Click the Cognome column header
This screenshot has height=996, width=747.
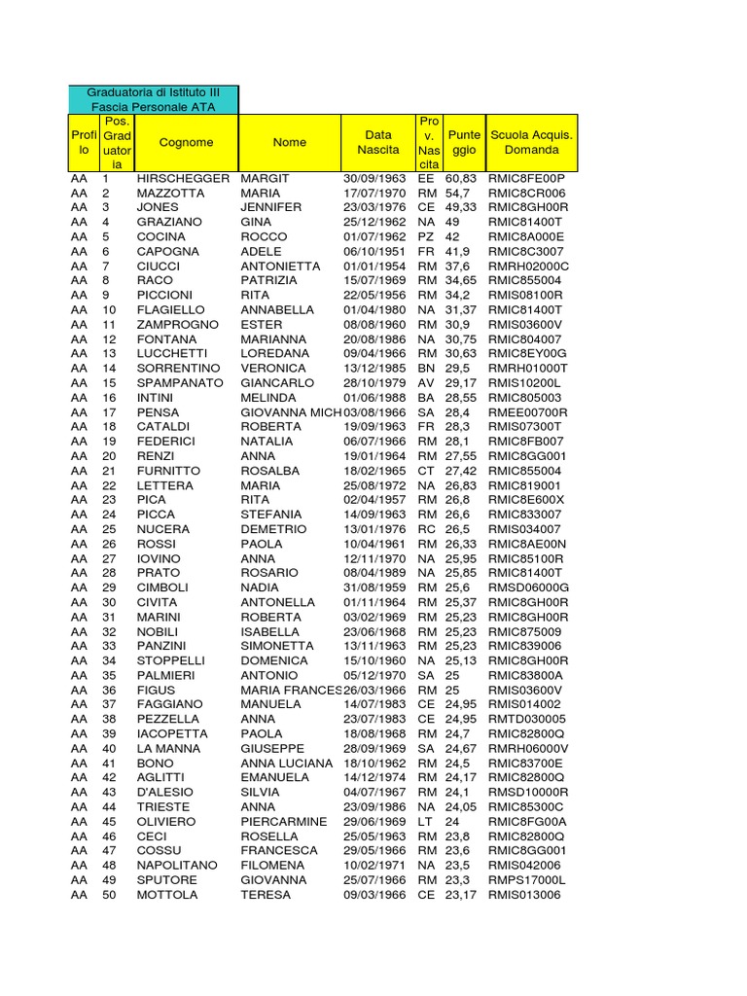coord(186,142)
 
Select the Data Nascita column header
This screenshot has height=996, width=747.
coord(377,142)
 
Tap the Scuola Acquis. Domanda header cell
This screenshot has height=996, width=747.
coord(532,142)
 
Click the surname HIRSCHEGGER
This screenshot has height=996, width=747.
coord(183,179)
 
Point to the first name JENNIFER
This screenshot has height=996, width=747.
coord(271,207)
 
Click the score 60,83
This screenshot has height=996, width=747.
coord(461,179)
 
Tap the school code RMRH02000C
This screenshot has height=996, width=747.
coord(529,266)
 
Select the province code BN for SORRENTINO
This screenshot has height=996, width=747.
coord(426,369)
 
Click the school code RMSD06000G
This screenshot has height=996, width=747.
coord(529,587)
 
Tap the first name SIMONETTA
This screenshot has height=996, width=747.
coord(278,646)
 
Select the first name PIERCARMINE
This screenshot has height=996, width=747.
coord(284,822)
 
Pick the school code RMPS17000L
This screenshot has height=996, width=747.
coord(527,880)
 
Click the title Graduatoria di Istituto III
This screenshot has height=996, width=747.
coord(154,91)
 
